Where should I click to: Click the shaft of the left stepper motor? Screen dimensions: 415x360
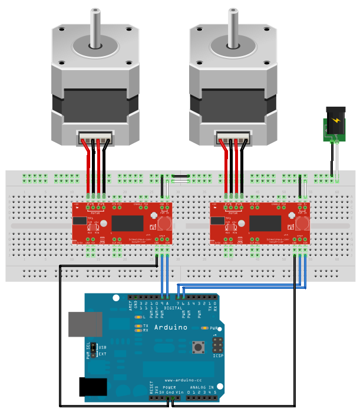pos(95,27)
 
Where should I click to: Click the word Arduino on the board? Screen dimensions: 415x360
pos(170,327)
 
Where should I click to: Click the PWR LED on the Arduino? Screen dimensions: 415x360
pos(205,328)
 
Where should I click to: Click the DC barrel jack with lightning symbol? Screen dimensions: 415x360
pos(336,121)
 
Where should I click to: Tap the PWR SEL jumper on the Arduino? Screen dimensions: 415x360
pos(93,351)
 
